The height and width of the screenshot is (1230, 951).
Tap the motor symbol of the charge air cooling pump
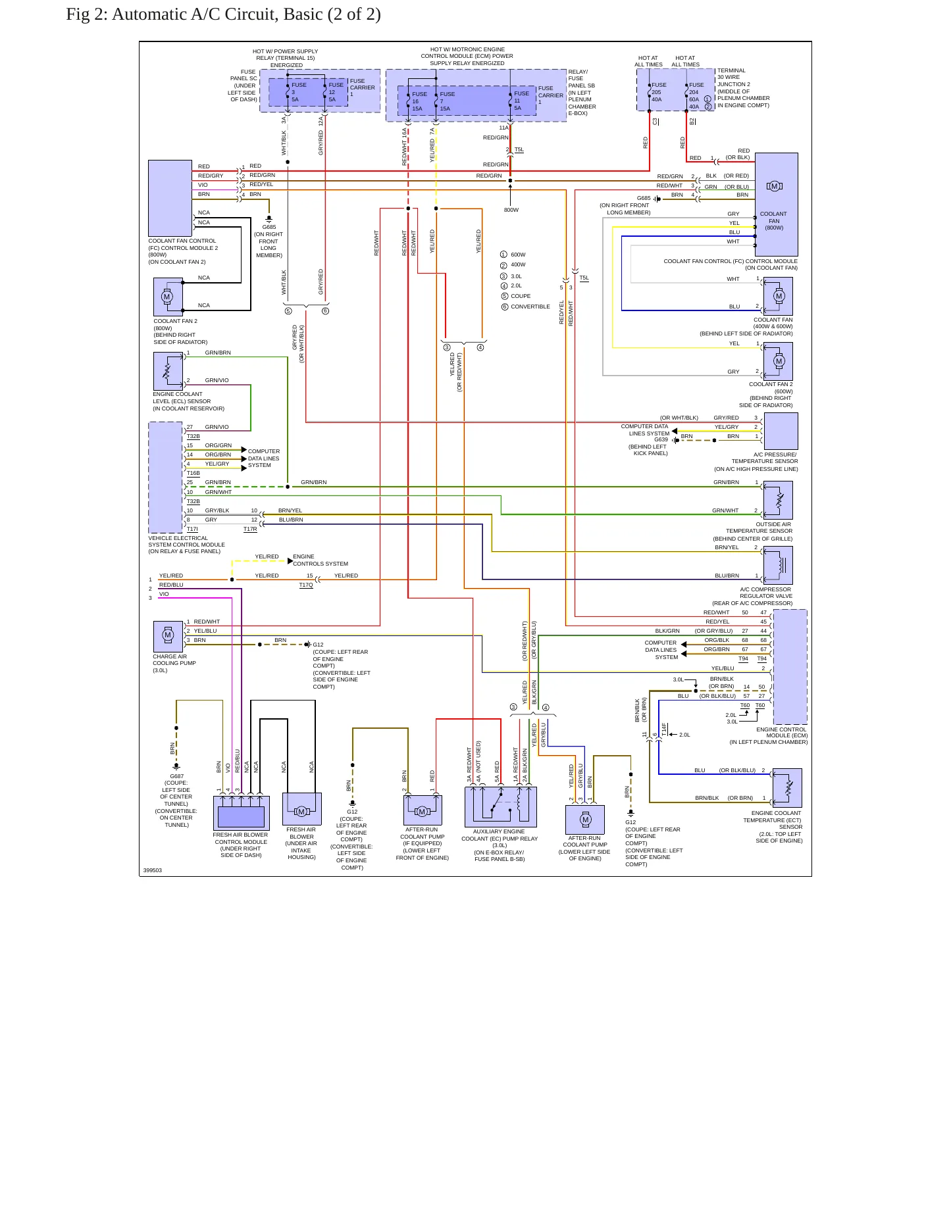click(168, 635)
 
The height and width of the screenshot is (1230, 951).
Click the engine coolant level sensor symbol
click(168, 372)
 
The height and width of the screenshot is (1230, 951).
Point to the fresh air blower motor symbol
click(301, 812)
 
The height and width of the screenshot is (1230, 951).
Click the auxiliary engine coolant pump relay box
click(501, 806)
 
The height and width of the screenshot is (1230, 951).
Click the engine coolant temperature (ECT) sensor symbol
click(787, 788)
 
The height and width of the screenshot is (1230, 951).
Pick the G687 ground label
click(177, 776)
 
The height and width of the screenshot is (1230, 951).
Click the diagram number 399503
click(153, 870)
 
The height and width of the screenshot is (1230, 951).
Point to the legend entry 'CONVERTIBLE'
click(530, 307)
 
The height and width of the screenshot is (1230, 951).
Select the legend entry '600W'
click(518, 255)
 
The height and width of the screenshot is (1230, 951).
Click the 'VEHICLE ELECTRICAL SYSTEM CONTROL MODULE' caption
click(186, 545)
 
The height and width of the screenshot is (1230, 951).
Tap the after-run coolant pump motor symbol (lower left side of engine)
click(585, 820)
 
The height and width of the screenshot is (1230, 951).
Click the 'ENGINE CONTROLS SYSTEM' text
click(321, 560)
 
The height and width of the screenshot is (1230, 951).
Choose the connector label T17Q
click(306, 585)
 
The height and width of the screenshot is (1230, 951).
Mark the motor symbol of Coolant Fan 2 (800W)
click(168, 297)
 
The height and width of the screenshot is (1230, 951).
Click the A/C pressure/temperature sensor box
click(781, 431)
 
